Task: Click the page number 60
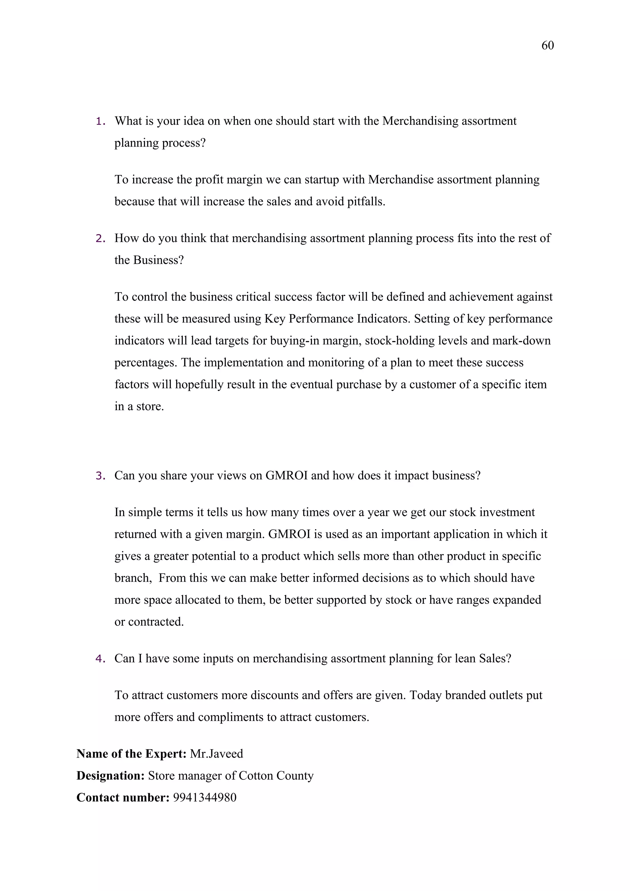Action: pyautogui.click(x=547, y=46)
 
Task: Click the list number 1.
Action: pyautogui.click(x=100, y=121)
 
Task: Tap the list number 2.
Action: pyautogui.click(x=100, y=239)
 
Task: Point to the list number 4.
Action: pyautogui.click(x=100, y=659)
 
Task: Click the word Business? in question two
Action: pyautogui.click(x=158, y=260)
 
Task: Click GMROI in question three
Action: pyautogui.click(x=286, y=476)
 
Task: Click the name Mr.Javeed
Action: pyautogui.click(x=217, y=754)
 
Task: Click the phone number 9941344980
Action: pyautogui.click(x=205, y=798)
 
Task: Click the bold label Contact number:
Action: pyautogui.click(x=123, y=798)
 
